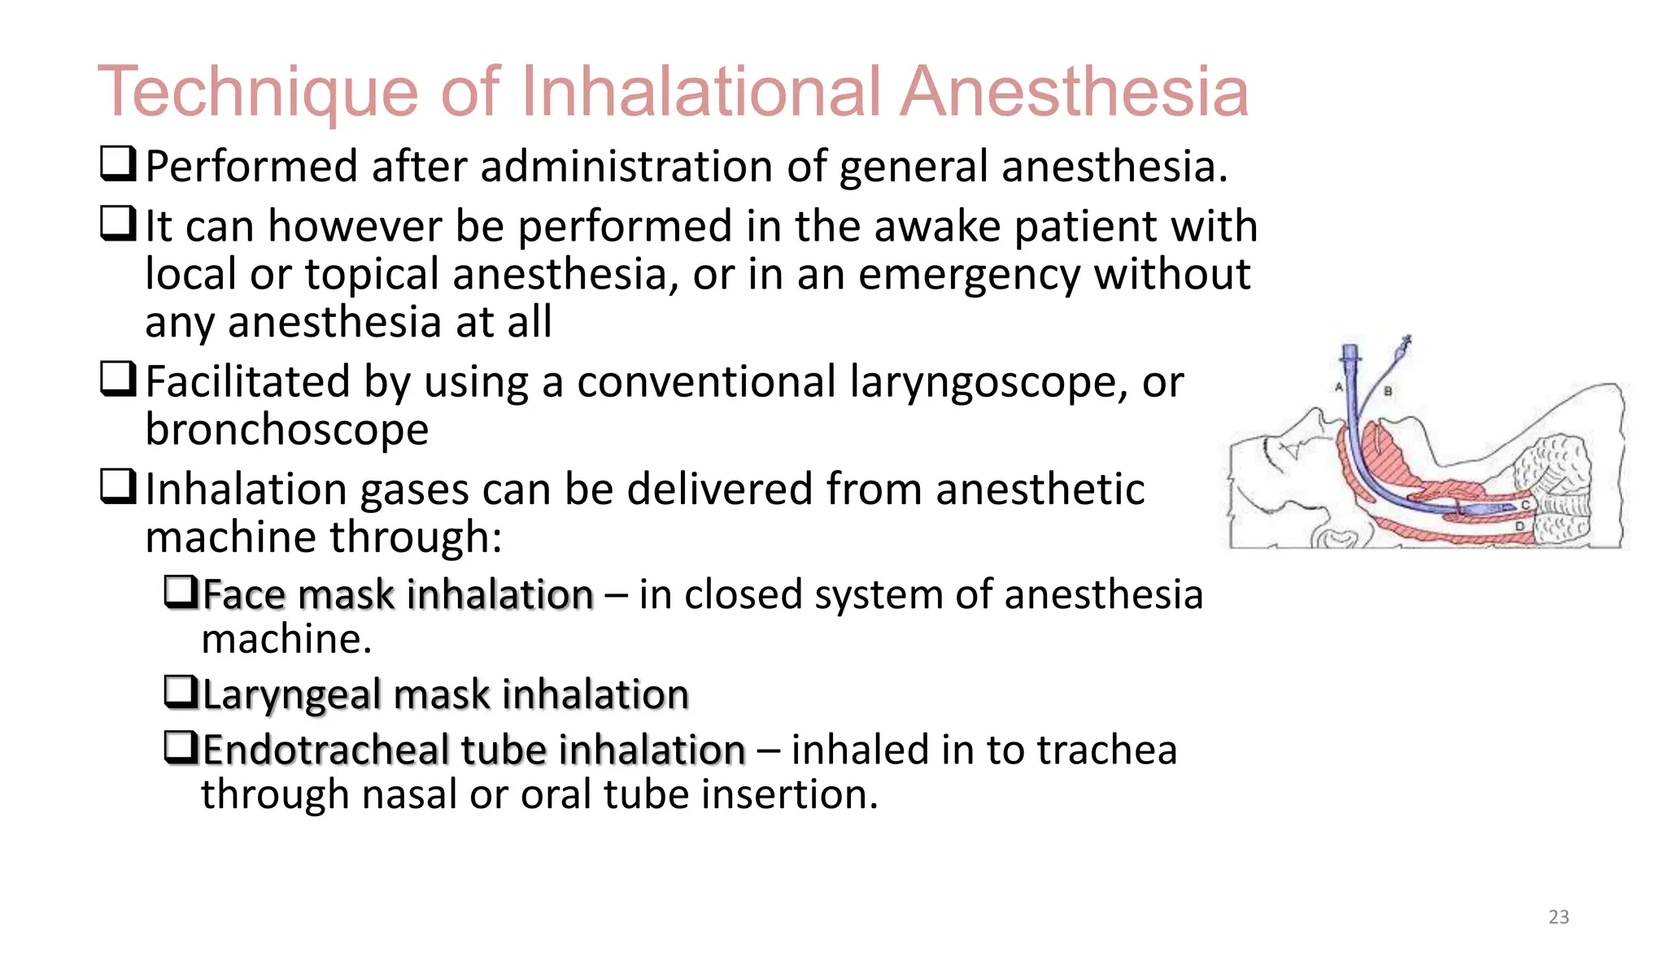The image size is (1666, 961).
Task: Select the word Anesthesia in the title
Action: (1074, 91)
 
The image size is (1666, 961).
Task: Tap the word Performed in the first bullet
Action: (251, 167)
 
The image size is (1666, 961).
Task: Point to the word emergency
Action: (968, 274)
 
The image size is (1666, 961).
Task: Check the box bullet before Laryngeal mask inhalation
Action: (181, 692)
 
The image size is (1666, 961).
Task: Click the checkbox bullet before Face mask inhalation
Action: (181, 592)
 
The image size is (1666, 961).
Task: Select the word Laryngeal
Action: (291, 695)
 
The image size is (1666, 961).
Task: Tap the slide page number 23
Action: (1558, 917)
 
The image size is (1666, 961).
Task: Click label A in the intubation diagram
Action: (1338, 387)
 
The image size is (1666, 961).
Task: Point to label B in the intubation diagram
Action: (1388, 391)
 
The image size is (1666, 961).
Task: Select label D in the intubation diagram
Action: (1519, 528)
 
